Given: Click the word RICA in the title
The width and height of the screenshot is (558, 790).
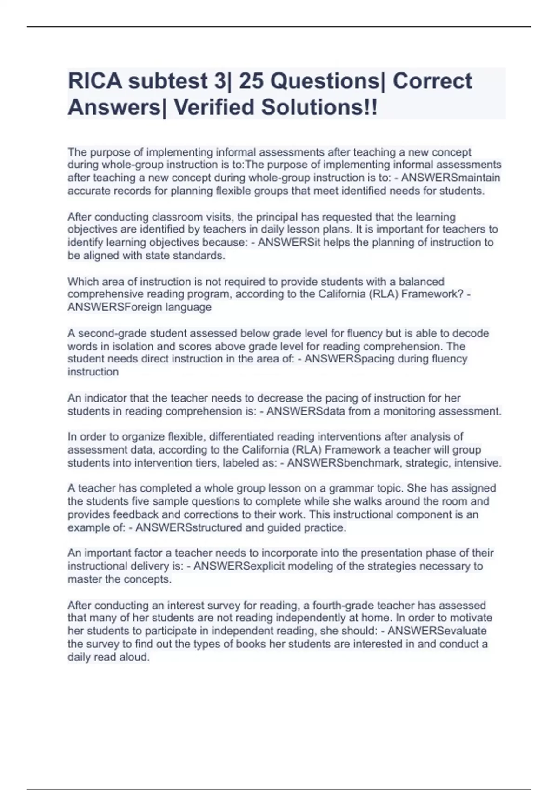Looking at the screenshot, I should pyautogui.click(x=95, y=81).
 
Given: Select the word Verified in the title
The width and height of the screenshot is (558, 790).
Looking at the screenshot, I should pyautogui.click(x=213, y=107).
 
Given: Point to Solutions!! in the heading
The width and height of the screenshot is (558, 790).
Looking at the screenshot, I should pyautogui.click(x=319, y=107).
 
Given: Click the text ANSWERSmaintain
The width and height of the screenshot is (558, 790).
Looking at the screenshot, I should pyautogui.click(x=451, y=178).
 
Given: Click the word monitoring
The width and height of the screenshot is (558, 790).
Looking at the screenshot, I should pyautogui.click(x=409, y=411).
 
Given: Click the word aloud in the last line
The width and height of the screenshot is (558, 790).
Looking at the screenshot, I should pyautogui.click(x=135, y=657).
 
